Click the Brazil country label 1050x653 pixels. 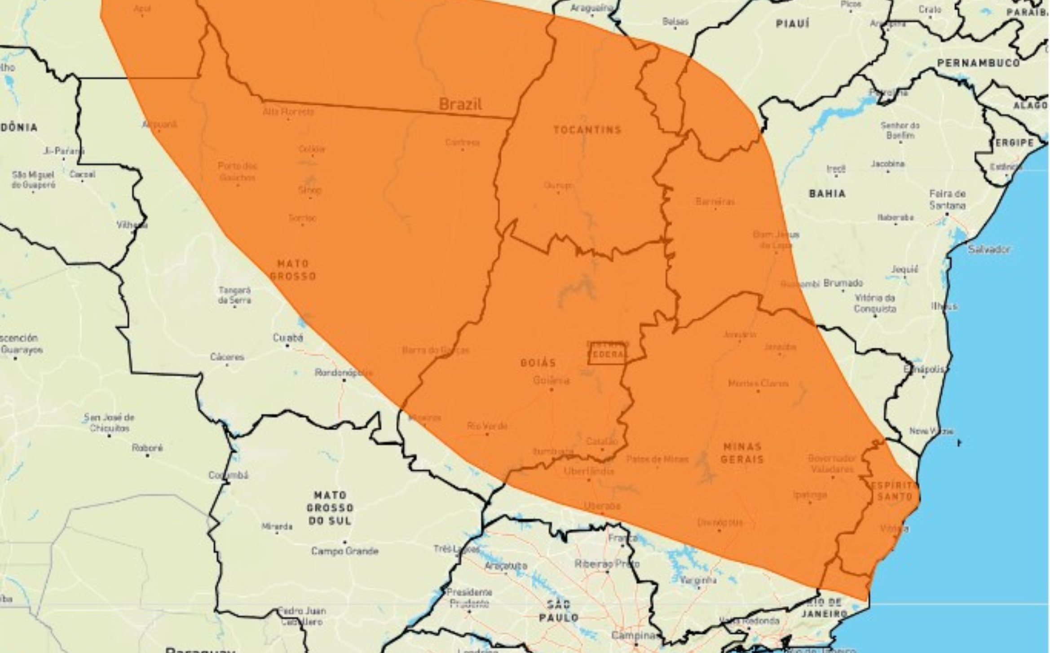(x=460, y=104)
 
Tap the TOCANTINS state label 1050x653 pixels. (x=587, y=130)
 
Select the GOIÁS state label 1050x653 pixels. (x=538, y=362)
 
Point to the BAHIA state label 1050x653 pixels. (x=827, y=194)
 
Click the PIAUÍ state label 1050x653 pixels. (x=793, y=23)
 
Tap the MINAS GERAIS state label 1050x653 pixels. (x=742, y=453)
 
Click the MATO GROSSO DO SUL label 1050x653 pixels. (x=330, y=508)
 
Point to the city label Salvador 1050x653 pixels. (x=989, y=249)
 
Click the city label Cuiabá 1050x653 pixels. (x=288, y=338)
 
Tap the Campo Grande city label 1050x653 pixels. (x=345, y=551)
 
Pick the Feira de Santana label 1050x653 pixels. (x=947, y=199)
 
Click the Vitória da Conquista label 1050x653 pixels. (x=875, y=303)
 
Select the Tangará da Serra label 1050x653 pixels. (x=234, y=295)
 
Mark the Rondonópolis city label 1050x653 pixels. (x=344, y=373)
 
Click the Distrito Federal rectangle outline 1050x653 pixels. (x=607, y=353)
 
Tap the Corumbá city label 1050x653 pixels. (x=228, y=475)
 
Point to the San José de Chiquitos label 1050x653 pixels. (x=109, y=423)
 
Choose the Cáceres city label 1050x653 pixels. (x=227, y=357)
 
